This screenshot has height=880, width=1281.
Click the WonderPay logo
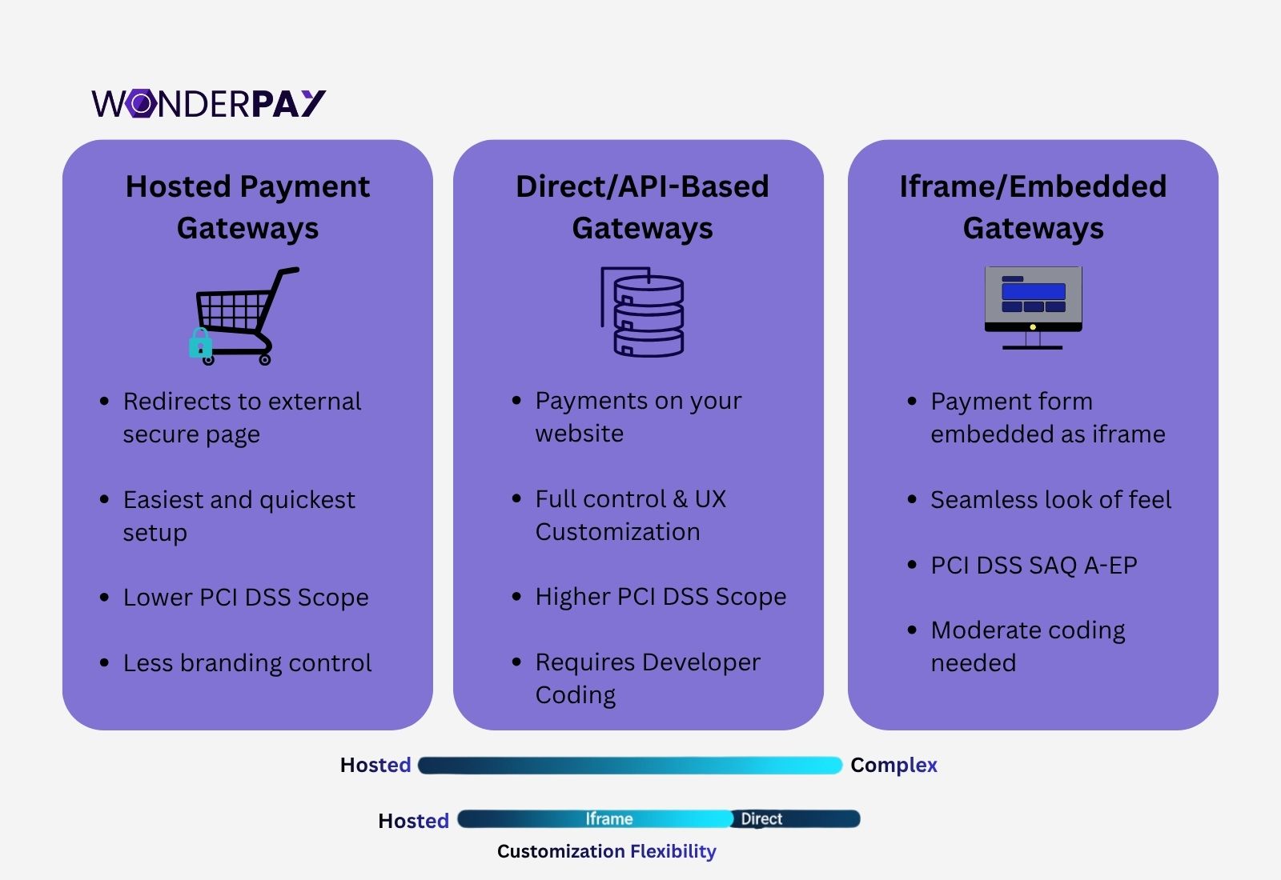pos(208,103)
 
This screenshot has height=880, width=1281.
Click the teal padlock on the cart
pos(200,343)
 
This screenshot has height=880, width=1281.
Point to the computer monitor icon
pos(1033,307)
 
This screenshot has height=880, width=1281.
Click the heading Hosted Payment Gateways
pos(247,207)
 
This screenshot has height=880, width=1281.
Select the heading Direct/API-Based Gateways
pos(642,207)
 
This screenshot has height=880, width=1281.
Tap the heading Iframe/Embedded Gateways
pos(1033,207)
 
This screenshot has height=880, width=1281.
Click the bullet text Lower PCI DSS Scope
pos(246,598)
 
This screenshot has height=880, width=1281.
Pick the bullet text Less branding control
pos(247,663)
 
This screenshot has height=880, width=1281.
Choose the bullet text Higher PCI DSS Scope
pos(661,597)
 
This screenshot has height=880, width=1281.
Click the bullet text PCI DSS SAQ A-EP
pos(1034,566)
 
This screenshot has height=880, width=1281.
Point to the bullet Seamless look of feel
pos(1050,500)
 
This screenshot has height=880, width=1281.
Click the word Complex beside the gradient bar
pos(893,766)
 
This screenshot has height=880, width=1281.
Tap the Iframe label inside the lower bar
pos(608,819)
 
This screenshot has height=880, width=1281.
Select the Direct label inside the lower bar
pos(761,819)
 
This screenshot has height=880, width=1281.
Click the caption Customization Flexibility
pos(606,851)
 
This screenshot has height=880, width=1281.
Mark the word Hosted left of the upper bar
pos(375,766)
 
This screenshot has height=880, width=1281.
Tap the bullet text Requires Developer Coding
pos(647,678)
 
